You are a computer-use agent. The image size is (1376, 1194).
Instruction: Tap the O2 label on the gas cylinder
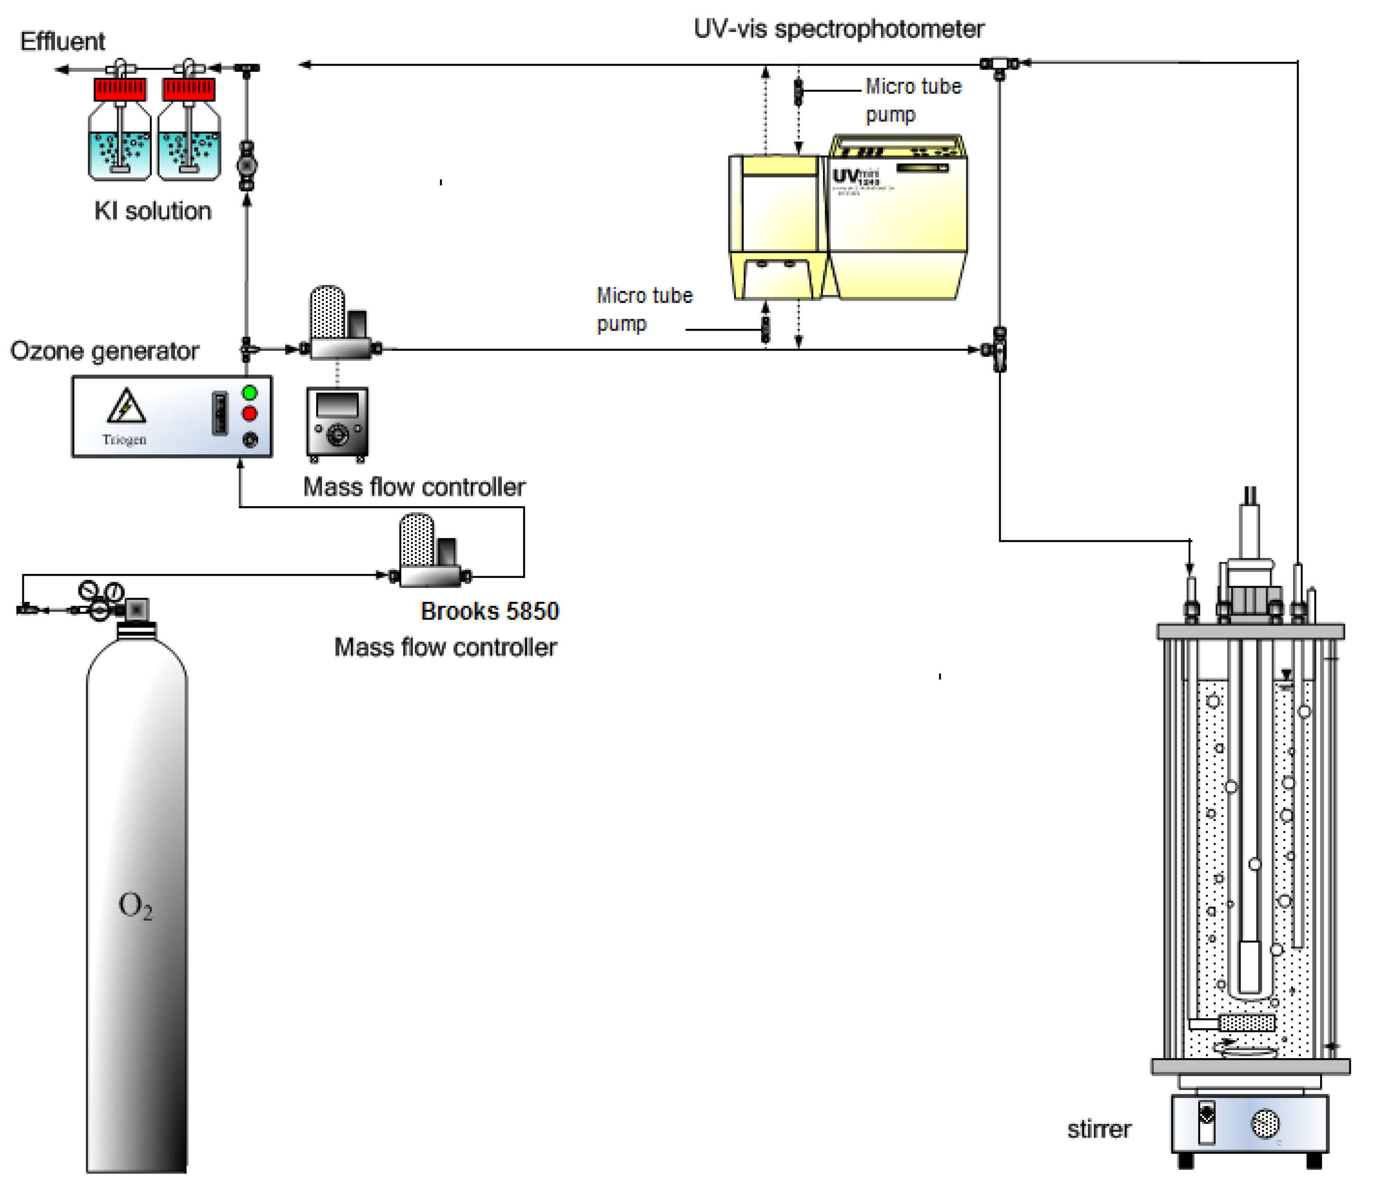pyautogui.click(x=135, y=906)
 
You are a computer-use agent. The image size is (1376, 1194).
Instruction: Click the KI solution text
pyautogui.click(x=153, y=211)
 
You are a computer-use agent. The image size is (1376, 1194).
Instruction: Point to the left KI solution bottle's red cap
pyautogui.click(x=120, y=88)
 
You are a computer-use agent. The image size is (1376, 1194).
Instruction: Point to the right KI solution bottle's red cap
pyautogui.click(x=189, y=88)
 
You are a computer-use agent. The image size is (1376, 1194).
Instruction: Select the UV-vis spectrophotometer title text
pyautogui.click(x=839, y=29)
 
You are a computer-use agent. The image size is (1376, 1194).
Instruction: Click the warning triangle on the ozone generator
pyautogui.click(x=126, y=406)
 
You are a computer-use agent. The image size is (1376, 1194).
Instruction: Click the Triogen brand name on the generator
pyautogui.click(x=124, y=440)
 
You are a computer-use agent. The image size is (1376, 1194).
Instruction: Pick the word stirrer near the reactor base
pyautogui.click(x=1099, y=1129)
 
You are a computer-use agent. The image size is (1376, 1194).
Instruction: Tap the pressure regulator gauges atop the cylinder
pyautogui.click(x=101, y=592)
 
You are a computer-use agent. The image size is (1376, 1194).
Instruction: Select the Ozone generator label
pyautogui.click(x=104, y=351)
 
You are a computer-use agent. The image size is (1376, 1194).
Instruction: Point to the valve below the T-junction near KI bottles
pyautogui.click(x=247, y=164)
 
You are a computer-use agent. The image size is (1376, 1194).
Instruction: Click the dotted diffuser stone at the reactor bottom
pyautogui.click(x=1247, y=1022)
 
